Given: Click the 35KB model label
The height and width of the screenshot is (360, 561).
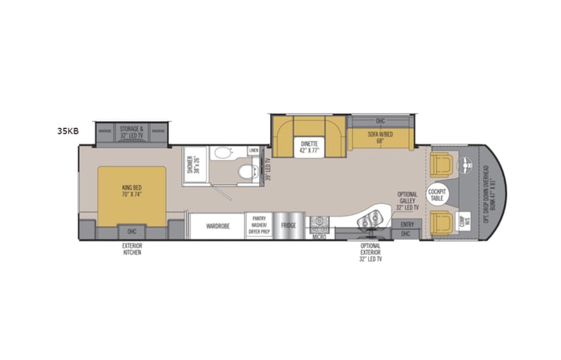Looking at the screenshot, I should tap(68, 131).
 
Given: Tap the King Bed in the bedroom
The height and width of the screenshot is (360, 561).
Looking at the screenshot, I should tap(132, 192).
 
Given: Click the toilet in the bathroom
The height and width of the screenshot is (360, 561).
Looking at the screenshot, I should tap(245, 170).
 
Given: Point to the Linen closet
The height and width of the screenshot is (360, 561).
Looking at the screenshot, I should tap(254, 150).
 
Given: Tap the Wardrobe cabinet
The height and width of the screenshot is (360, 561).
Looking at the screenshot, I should tap(218, 226).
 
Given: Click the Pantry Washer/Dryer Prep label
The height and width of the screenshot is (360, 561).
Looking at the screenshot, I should tap(259, 226).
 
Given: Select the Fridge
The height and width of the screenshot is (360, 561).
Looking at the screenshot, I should tap(289, 226).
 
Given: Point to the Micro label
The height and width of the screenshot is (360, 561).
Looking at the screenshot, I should tap(319, 236).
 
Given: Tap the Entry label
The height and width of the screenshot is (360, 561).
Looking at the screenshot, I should tap(406, 224).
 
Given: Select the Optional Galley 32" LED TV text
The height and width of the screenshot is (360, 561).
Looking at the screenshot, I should tap(408, 201).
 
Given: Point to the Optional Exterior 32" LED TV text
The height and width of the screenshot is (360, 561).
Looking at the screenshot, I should tap(371, 251).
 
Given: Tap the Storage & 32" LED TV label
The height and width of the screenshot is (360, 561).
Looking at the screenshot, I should tap(131, 131).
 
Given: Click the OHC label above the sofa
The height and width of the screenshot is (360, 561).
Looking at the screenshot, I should tap(380, 121).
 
